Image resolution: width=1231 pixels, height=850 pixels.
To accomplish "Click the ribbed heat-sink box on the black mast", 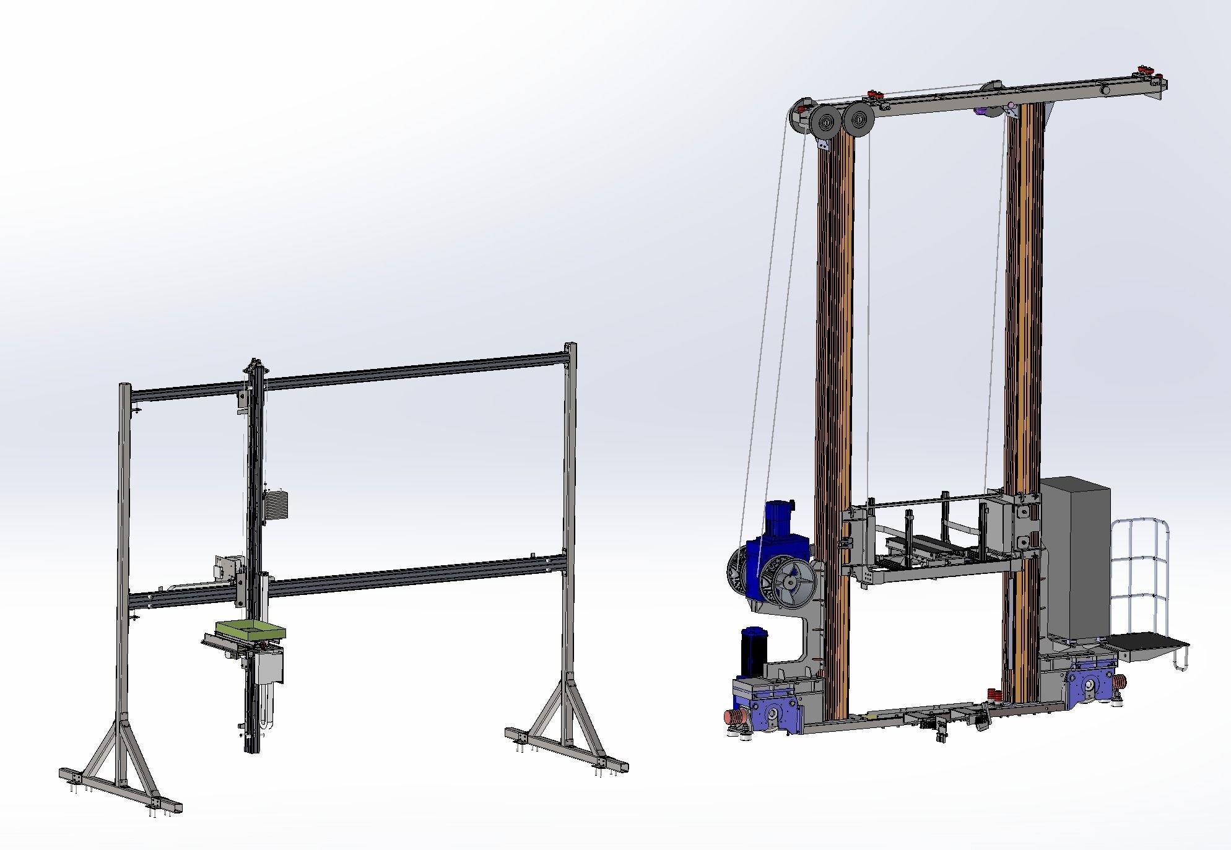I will tap(276, 505).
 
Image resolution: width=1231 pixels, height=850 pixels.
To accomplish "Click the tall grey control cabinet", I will tap(1074, 558).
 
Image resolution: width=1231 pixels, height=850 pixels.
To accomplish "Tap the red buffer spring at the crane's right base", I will tap(1119, 682).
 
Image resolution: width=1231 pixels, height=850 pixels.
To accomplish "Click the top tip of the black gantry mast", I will tap(253, 362).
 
